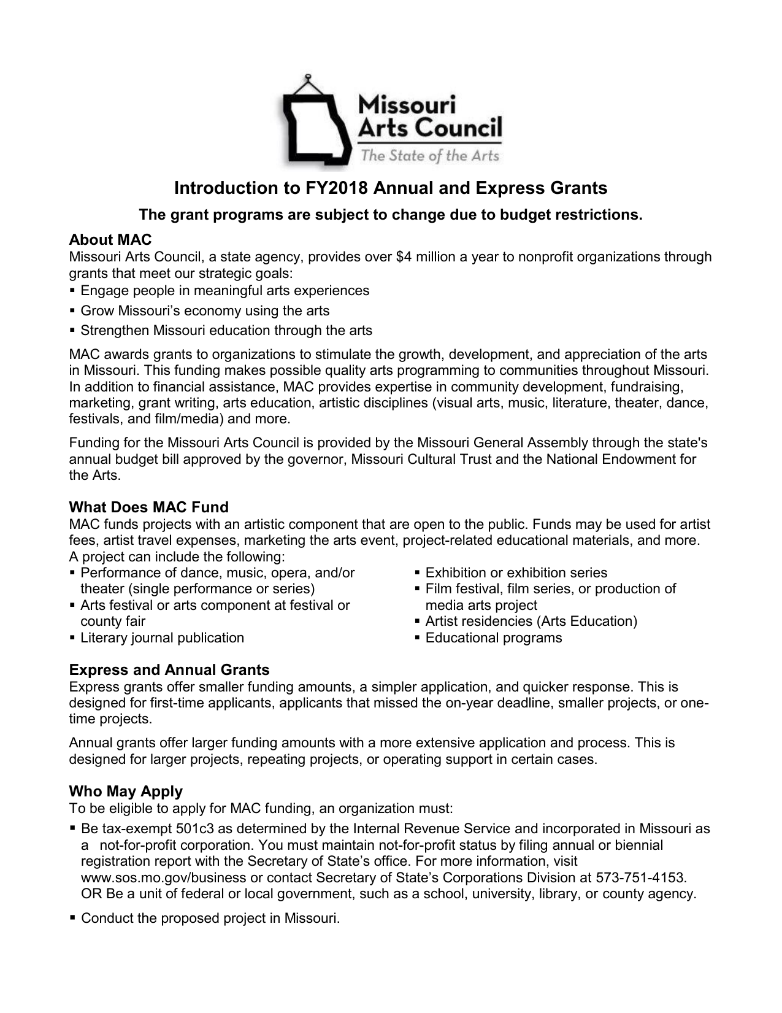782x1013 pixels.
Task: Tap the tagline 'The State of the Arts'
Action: point(430,155)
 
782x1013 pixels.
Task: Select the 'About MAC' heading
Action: point(110,239)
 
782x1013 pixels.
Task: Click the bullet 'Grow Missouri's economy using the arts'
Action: point(205,310)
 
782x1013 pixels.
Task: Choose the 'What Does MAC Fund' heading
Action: point(148,507)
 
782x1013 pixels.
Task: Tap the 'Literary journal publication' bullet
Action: point(163,638)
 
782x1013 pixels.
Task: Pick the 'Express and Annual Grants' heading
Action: point(169,669)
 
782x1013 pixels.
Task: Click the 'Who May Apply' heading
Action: point(126,791)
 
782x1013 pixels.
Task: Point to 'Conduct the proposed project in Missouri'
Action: point(210,919)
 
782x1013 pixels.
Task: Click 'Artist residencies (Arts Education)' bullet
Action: point(531,622)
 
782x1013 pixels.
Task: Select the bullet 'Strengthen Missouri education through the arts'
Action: point(226,331)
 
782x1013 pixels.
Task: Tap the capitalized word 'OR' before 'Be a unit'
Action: point(91,893)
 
